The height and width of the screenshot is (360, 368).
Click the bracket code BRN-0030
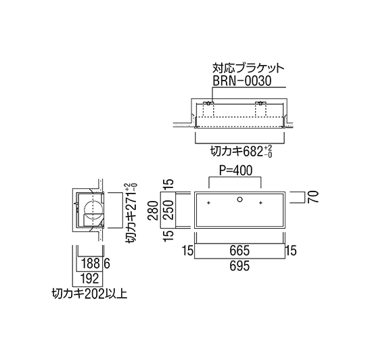coord(241,81)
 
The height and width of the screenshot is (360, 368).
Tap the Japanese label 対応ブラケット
coord(248,68)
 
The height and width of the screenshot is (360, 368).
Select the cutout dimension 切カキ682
coord(236,152)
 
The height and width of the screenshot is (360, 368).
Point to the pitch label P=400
coord(235,171)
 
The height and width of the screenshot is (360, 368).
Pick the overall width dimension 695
coord(239,266)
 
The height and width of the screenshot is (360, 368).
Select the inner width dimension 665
coord(239,250)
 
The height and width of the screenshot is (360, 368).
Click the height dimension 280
coord(154,210)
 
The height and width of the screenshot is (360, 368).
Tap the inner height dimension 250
coord(168,210)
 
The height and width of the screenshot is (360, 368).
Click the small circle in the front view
coord(239,200)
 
